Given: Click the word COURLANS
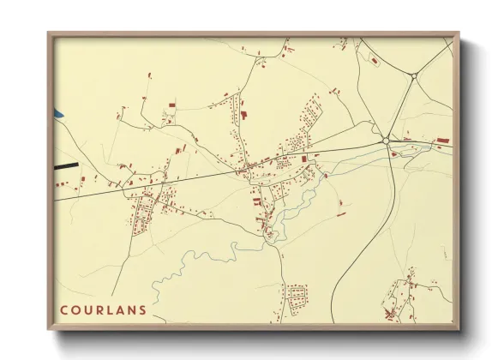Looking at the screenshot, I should (103, 310).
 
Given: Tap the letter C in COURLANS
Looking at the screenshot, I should (64, 310).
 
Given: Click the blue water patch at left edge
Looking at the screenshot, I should (58, 112).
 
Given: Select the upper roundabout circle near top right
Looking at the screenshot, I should (413, 77).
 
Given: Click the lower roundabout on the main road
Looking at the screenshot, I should (387, 140).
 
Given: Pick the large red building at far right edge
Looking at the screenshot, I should (443, 139).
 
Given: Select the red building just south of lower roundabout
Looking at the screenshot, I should (393, 154).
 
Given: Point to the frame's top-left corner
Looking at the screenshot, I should (48, 33).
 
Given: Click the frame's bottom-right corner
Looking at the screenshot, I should (459, 330).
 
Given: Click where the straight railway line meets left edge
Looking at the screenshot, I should (57, 200).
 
